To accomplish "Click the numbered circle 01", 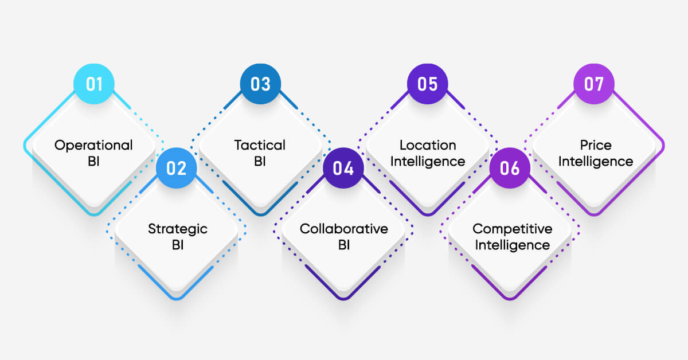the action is tap(94, 84).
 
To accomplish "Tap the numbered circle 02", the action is tap(177, 168).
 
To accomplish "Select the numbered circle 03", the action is tap(260, 84).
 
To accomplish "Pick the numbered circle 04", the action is tap(343, 168).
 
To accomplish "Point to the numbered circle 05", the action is tap(428, 84).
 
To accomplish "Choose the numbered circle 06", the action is tap(510, 168).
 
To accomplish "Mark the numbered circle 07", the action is tap(594, 84).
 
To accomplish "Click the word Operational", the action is tap(93, 145).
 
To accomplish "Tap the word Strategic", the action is tap(178, 229).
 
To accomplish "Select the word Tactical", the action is tap(260, 145).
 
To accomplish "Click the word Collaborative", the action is tap(344, 229).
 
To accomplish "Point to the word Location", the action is tap(428, 145).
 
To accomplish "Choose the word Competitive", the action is tap(513, 229).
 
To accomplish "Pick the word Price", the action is tap(596, 145).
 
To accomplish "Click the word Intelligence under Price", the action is tap(596, 161).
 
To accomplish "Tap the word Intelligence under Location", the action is tap(428, 161).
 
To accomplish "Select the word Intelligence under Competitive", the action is tap(513, 245).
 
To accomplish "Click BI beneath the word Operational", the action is tap(93, 161).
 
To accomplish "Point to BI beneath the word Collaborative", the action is tap(344, 245).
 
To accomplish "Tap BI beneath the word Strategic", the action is tap(178, 245).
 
